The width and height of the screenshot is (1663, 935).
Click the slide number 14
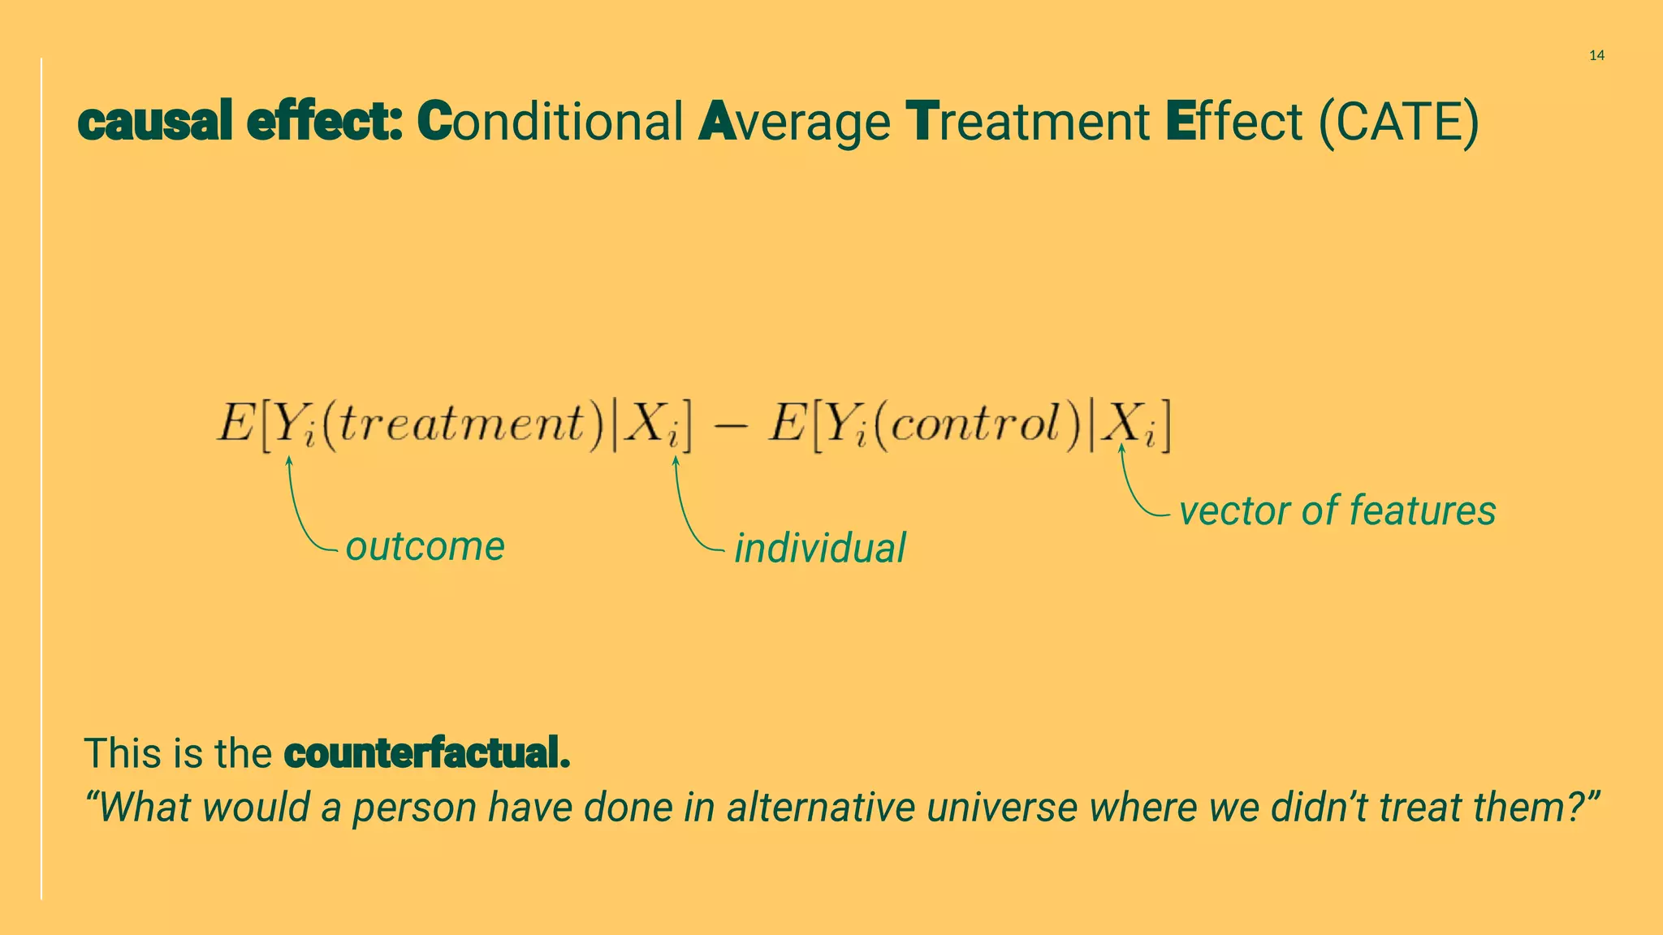tap(1596, 55)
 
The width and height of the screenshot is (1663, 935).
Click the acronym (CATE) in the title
tap(1398, 122)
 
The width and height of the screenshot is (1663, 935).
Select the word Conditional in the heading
tap(550, 122)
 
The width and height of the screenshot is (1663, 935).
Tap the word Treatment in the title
tap(1027, 122)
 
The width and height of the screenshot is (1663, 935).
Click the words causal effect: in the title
tap(240, 122)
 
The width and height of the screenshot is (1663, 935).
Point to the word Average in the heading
tap(794, 123)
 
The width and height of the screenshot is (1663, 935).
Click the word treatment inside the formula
tap(460, 424)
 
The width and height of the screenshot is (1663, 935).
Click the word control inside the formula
tap(986, 424)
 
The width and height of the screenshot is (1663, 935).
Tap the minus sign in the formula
tap(730, 425)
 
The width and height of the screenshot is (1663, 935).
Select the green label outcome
tap(425, 546)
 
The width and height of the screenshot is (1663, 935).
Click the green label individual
tap(820, 549)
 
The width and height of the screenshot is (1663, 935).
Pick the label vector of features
tap(1337, 511)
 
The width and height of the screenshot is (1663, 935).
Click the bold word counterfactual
tap(427, 753)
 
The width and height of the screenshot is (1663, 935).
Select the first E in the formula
tap(235, 424)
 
